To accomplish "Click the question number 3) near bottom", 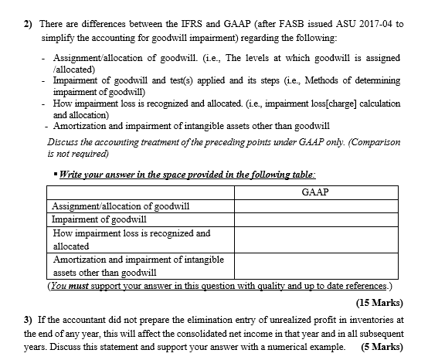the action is click(x=29, y=319).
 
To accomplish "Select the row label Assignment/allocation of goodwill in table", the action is click(x=121, y=205).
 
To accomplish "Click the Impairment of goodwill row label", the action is click(x=100, y=219).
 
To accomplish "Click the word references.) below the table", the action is click(x=365, y=285).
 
